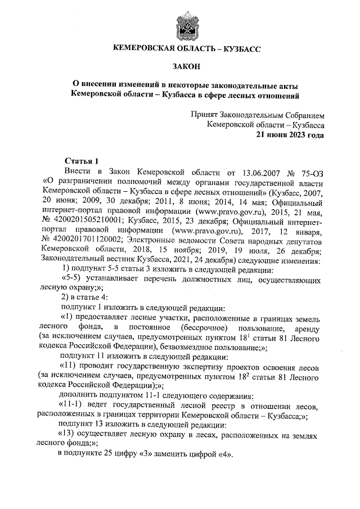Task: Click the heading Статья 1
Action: [82, 160]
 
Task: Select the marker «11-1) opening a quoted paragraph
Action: [71, 407]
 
